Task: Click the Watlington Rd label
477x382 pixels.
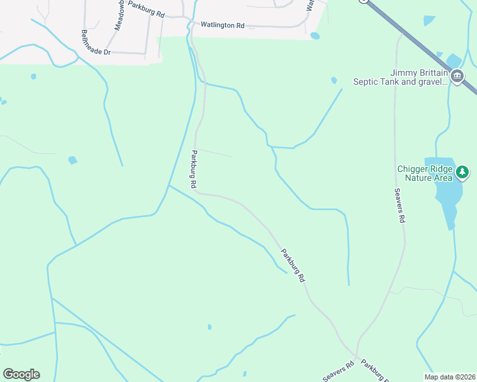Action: tap(222, 25)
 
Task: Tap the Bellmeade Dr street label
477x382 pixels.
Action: tap(96, 42)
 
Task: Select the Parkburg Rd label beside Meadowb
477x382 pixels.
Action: tap(146, 9)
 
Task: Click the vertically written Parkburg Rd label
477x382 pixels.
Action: tap(193, 169)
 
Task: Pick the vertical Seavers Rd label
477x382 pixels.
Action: tap(399, 205)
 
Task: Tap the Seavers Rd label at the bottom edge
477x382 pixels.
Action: tap(338, 372)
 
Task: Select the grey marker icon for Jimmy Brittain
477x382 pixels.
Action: tap(457, 77)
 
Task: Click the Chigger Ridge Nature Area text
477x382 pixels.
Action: tap(425, 173)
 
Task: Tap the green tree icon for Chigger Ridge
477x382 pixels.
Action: tap(462, 171)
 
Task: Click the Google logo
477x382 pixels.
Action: tap(21, 374)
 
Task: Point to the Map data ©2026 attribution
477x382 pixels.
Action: tap(449, 377)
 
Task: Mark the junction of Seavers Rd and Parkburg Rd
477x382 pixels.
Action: tap(357, 358)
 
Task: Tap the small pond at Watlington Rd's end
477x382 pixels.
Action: tap(315, 36)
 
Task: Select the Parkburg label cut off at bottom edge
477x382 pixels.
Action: tap(374, 372)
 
